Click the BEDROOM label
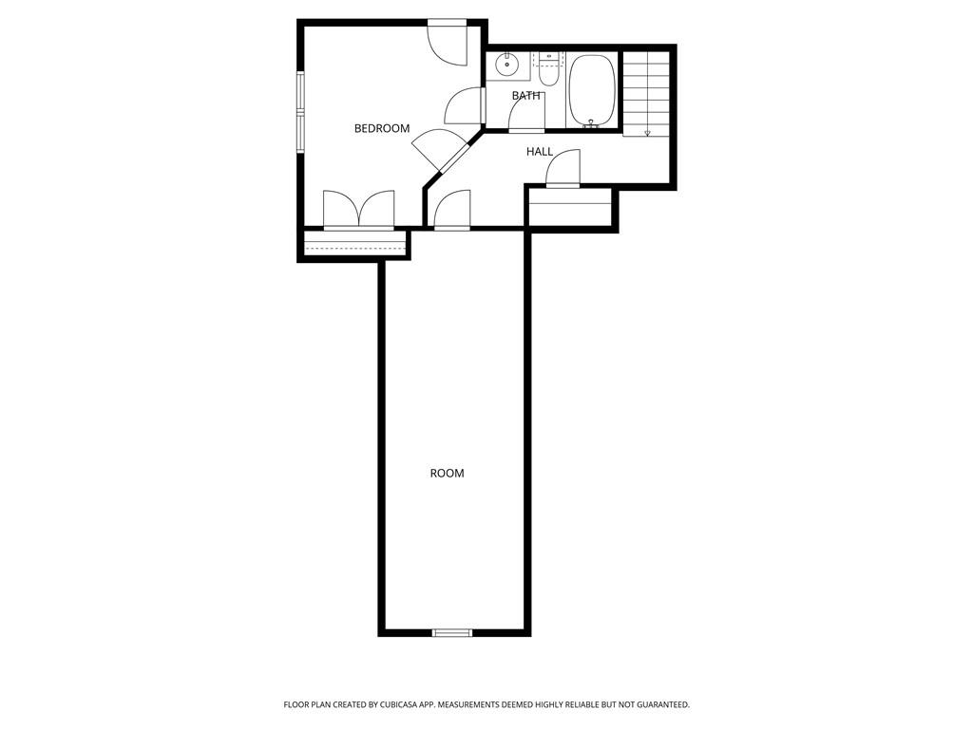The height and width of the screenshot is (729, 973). (382, 128)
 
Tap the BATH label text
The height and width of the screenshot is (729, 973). (525, 96)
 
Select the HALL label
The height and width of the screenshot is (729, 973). (540, 152)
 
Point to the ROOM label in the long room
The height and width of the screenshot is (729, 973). (448, 473)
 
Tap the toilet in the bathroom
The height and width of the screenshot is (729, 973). (549, 69)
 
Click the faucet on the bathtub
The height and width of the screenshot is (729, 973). (592, 123)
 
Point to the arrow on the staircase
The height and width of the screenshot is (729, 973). (647, 133)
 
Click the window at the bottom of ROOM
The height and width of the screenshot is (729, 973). (452, 632)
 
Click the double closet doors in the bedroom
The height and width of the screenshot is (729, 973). (358, 209)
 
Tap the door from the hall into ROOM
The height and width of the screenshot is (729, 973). (452, 210)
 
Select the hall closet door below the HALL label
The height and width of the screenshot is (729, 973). (563, 169)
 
